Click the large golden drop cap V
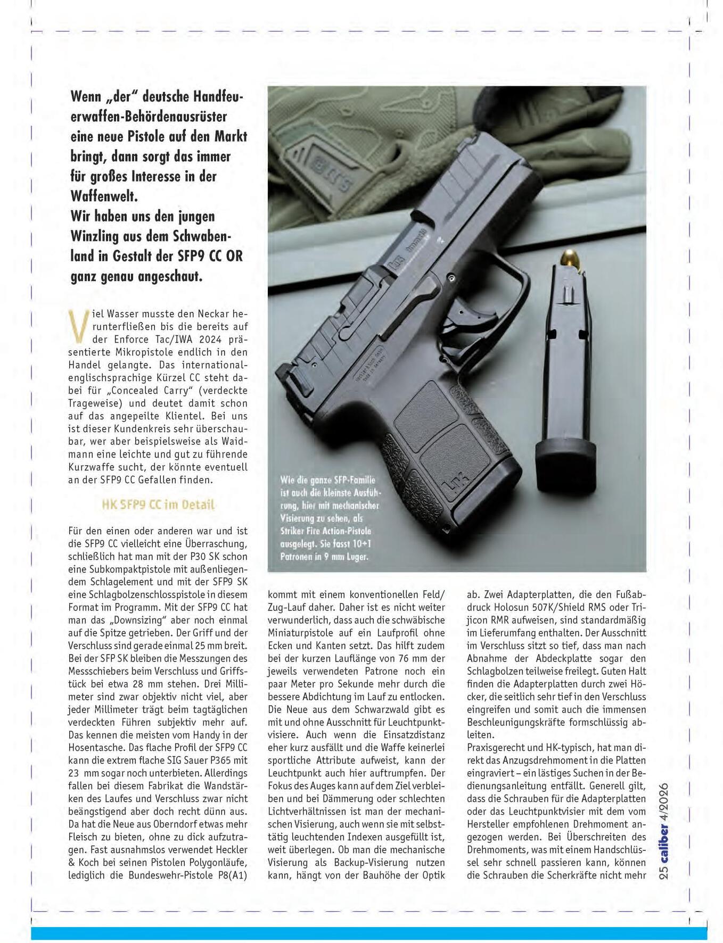78,325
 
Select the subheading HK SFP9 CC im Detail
158,504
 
